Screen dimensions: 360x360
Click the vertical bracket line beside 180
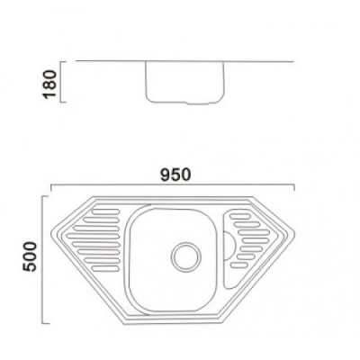(x=61, y=82)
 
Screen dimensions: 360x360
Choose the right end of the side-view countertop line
(x=293, y=63)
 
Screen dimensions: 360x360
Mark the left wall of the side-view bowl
(x=145, y=83)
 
